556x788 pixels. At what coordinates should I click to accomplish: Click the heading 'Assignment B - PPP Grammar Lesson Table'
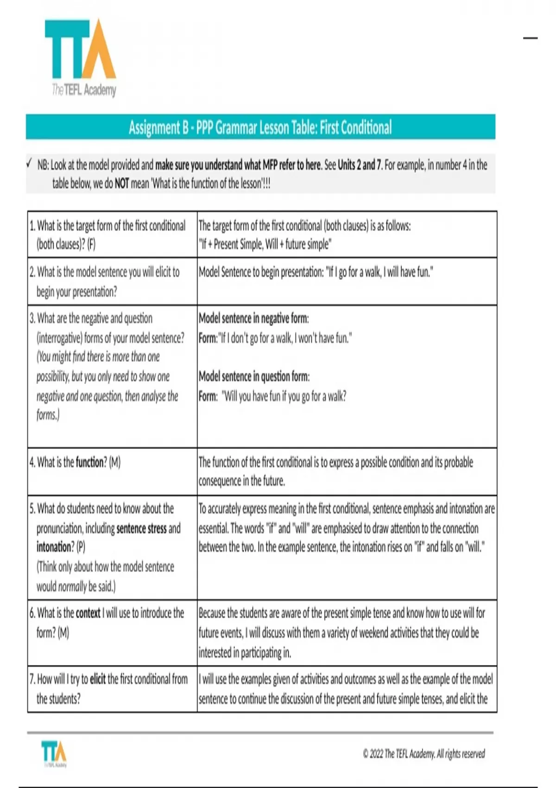pos(260,127)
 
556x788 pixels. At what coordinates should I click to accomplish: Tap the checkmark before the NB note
pos(29,164)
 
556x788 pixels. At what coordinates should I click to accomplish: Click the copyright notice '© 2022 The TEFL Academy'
pos(423,754)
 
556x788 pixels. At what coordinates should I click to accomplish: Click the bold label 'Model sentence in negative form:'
pos(253,318)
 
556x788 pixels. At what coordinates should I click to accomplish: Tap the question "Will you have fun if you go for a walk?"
pos(284,396)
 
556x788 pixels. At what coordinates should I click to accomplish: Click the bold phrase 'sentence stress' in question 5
pos(141,528)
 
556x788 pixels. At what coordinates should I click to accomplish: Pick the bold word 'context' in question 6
pos(88,613)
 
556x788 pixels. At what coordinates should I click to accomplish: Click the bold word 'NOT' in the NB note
pos(121,184)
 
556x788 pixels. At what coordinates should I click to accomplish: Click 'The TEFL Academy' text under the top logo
pos(84,89)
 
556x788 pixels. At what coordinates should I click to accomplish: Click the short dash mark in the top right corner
pos(530,38)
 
